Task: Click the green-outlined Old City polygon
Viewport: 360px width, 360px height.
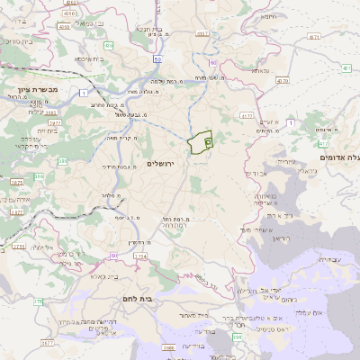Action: click(x=200, y=143)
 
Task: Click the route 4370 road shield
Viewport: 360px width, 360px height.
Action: click(x=283, y=80)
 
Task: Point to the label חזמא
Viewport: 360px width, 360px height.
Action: click(x=269, y=40)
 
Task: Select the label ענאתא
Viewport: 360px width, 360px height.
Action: click(x=260, y=70)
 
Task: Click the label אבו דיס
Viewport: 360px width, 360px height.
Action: click(x=258, y=173)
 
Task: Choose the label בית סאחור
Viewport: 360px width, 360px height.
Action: click(x=194, y=316)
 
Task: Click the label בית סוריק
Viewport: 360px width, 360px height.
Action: click(x=18, y=40)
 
